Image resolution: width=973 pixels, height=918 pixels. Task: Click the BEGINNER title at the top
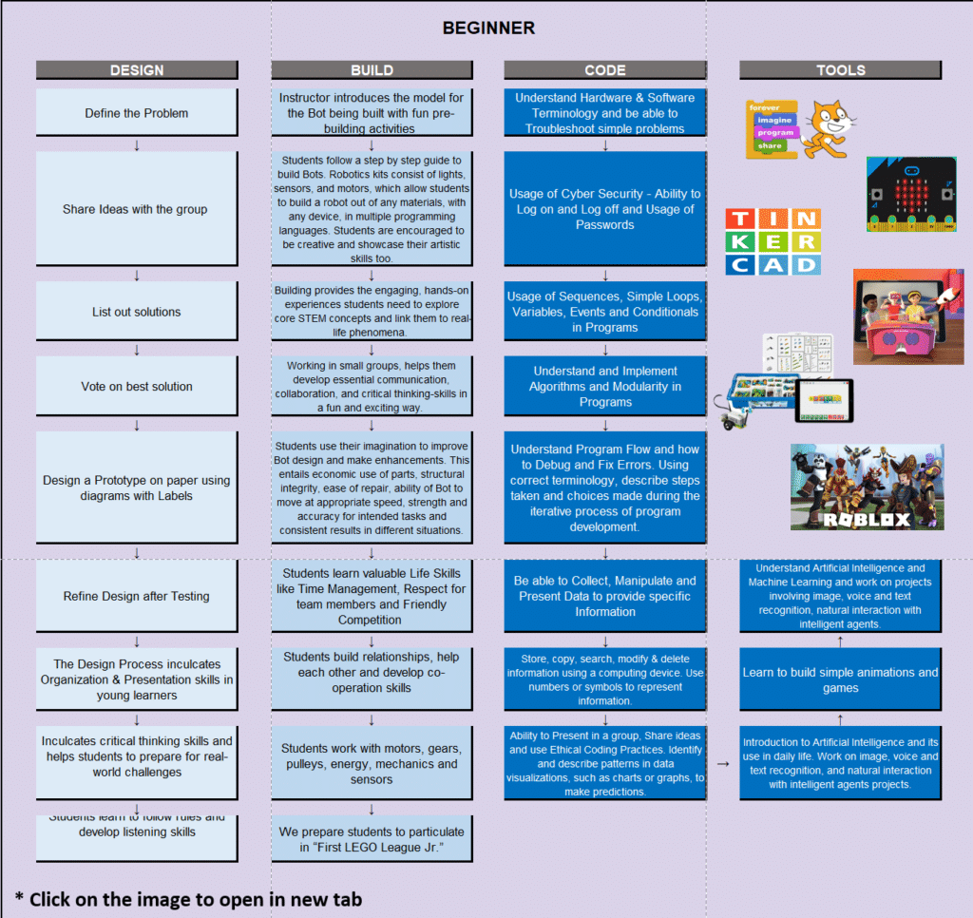tap(488, 29)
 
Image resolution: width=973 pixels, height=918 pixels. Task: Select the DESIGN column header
tap(137, 69)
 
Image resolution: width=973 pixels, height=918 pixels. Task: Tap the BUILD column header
tap(372, 69)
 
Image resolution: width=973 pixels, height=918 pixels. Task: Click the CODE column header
tap(605, 69)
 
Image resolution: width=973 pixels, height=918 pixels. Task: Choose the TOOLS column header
tap(840, 69)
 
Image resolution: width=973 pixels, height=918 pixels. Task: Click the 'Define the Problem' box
tap(137, 113)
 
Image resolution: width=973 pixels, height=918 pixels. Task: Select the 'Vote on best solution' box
tap(137, 387)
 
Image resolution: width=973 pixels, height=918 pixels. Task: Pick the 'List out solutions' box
tap(137, 312)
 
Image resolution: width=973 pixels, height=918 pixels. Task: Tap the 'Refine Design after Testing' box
tap(137, 597)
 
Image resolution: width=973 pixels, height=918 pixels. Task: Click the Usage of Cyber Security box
tap(605, 209)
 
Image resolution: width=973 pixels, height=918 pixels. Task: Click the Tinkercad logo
tap(773, 242)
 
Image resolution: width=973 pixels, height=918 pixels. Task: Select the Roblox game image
tap(867, 487)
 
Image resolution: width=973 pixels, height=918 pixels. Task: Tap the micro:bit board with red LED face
tap(910, 195)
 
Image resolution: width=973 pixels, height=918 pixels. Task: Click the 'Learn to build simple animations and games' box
tap(840, 680)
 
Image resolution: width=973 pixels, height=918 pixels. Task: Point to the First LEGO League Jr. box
tap(372, 839)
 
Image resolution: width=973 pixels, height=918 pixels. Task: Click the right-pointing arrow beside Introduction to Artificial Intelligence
tap(722, 763)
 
